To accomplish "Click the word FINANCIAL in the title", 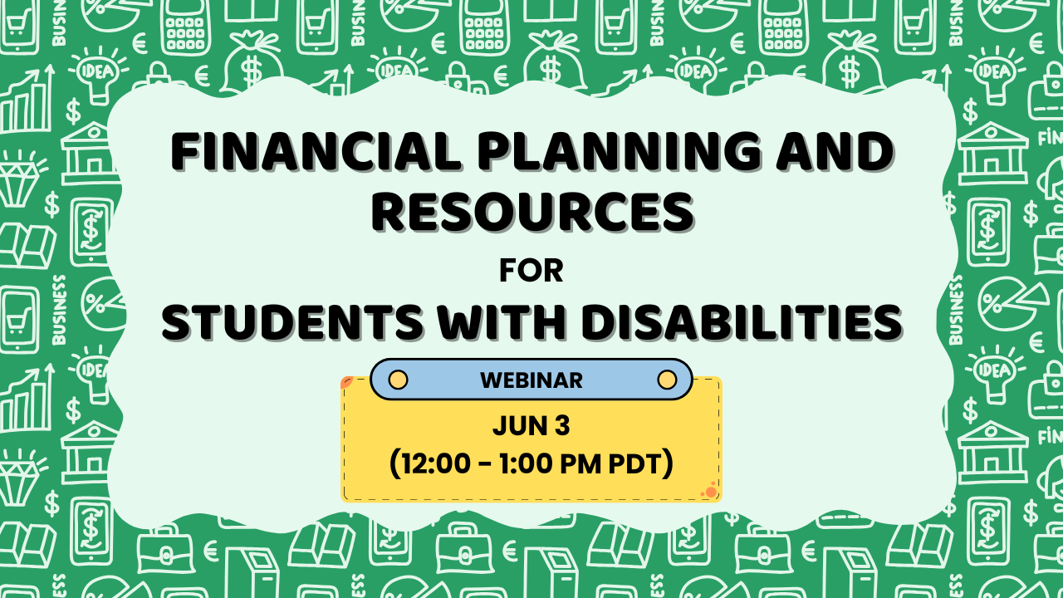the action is coord(316,151).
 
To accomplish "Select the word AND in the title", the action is coord(835,151).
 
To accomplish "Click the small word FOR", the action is coord(531,271).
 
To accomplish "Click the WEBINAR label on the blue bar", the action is coord(531,380).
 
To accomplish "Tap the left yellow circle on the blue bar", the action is coord(398,380).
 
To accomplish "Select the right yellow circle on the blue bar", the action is coord(667,380).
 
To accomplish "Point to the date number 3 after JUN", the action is coord(562,426).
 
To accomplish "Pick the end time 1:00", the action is coord(527,464).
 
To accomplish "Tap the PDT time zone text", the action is coord(634,464).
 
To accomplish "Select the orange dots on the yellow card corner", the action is coord(709,491).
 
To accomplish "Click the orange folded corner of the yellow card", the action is coord(347,382).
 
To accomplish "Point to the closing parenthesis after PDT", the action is coord(668,464).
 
